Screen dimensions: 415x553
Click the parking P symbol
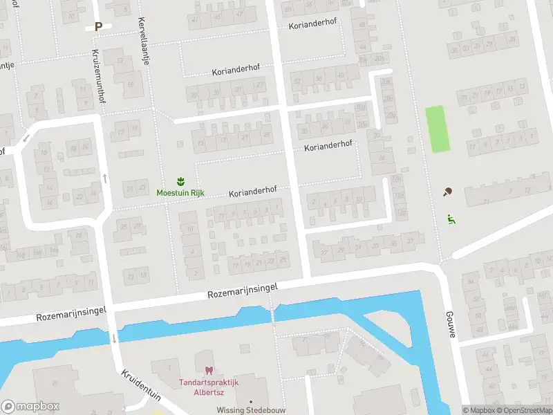98,27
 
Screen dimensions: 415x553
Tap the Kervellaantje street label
144,40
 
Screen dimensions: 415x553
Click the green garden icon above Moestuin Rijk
180,181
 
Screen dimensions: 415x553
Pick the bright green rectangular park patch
436,129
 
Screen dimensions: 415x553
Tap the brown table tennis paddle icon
447,192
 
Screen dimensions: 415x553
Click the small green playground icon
451,220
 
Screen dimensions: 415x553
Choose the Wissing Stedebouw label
250,409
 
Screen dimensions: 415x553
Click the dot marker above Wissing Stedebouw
250,401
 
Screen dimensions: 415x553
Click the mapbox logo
31,406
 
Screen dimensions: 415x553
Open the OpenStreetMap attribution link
529,410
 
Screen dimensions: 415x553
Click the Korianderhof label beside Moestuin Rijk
253,189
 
